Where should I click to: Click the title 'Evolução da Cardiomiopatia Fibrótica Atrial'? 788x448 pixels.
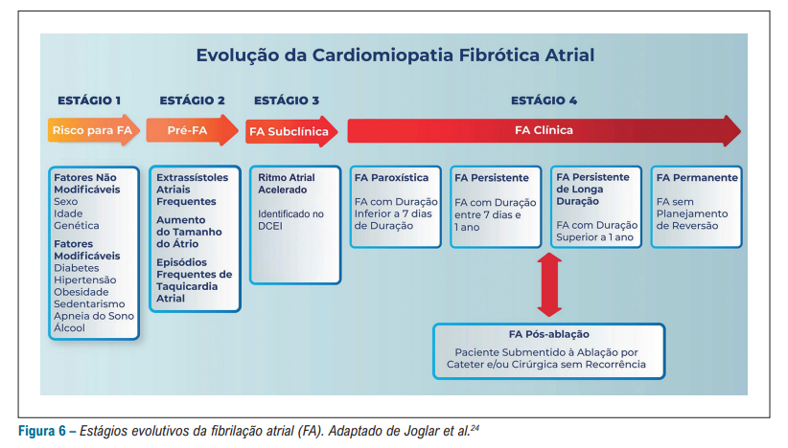[x=395, y=56]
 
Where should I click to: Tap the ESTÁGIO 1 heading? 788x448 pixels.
[x=89, y=101]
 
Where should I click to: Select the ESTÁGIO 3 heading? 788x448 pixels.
[x=287, y=101]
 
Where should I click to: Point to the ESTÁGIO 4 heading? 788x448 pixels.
[x=544, y=101]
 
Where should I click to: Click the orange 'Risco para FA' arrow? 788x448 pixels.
[x=92, y=130]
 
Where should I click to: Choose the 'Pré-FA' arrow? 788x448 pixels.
[x=190, y=130]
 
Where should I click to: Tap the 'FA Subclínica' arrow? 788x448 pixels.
[x=289, y=131]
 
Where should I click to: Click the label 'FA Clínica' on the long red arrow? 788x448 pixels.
[x=544, y=130]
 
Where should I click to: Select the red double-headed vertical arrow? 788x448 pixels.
[x=549, y=285]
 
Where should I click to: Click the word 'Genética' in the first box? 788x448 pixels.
[x=78, y=226]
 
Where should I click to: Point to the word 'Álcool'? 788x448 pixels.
[x=70, y=328]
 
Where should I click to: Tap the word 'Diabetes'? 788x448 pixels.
[x=77, y=268]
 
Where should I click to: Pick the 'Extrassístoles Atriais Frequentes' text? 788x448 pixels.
[x=192, y=190]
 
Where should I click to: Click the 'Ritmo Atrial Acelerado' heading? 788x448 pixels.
[x=287, y=184]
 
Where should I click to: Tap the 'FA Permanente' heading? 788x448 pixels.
[x=697, y=178]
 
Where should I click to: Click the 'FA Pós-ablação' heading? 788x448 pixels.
[x=548, y=334]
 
